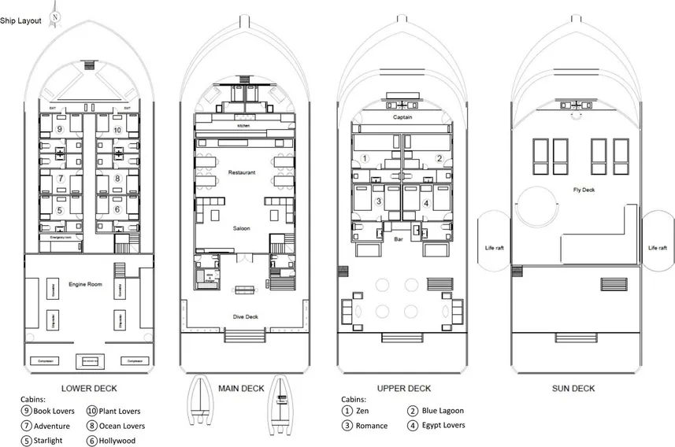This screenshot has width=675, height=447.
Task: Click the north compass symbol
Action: (54, 16)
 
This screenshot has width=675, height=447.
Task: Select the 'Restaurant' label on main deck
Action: (241, 172)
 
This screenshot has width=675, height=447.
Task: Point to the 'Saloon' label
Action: (241, 228)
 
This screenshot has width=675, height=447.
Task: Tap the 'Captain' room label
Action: (402, 118)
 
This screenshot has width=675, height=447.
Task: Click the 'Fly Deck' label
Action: (584, 190)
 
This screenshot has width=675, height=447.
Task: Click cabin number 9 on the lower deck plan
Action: (60, 129)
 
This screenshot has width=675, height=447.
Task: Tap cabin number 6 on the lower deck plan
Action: (117, 209)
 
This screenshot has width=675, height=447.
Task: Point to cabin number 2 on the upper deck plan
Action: (439, 158)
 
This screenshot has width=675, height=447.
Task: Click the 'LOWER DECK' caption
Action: (89, 388)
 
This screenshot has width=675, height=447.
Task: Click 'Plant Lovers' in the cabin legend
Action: (119, 411)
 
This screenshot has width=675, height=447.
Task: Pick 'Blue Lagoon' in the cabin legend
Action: (442, 411)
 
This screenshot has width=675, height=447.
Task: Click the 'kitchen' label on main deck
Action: (242, 126)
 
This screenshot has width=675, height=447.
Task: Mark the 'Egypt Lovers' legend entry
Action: (443, 426)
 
